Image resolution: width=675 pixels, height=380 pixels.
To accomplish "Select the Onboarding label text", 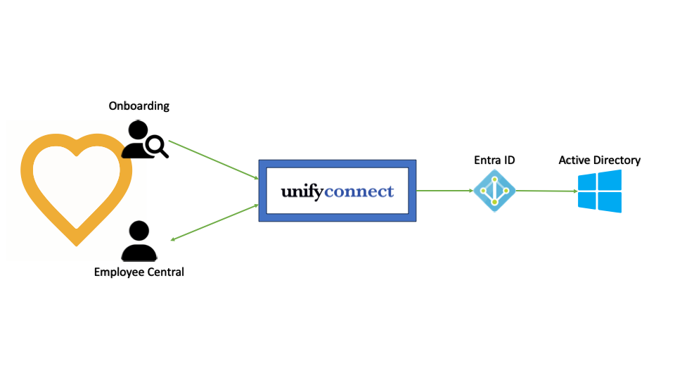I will point(139,106).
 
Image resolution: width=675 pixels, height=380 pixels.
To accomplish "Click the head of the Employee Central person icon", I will point(139,231).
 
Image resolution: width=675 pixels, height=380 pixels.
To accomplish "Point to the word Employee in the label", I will point(119,272).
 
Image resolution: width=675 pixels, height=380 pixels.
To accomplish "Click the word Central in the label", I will point(165,272).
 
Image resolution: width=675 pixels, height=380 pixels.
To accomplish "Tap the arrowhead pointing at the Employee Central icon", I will point(173,239).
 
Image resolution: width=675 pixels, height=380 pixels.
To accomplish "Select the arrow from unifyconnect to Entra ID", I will point(444,190).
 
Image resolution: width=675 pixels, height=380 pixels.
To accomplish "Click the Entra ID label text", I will point(494,160).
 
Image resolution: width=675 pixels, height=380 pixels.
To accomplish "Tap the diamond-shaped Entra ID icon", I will point(494,191).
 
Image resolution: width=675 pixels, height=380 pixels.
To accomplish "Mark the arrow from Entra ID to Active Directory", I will point(546,191).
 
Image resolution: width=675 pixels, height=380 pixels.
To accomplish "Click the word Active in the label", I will point(575,160).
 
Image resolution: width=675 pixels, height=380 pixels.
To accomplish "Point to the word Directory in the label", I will point(617,160).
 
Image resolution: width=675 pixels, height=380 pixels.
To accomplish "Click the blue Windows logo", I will point(600,191).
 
